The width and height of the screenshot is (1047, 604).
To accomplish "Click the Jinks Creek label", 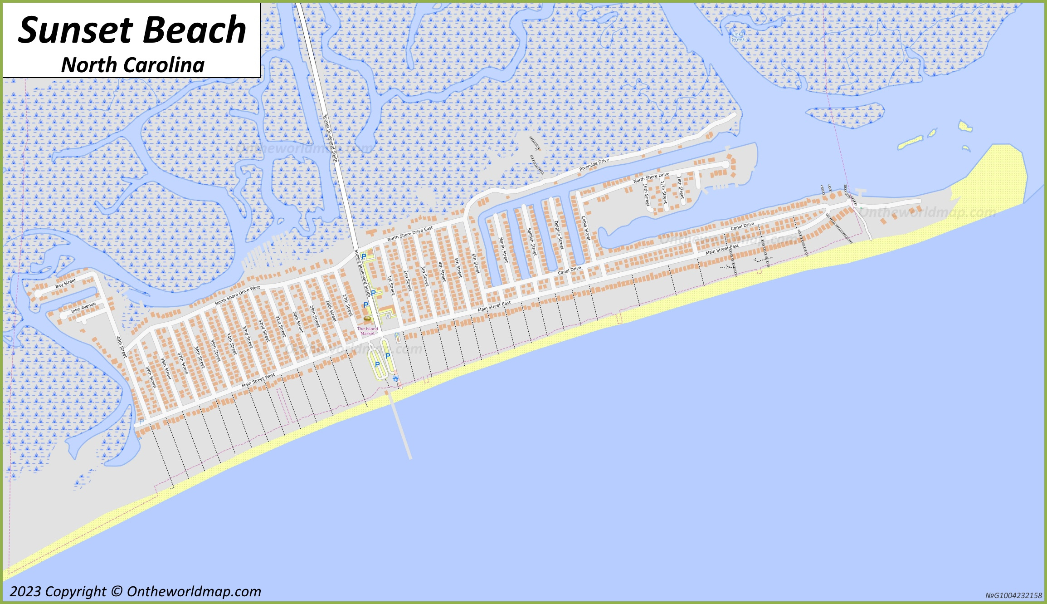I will tap(738, 37).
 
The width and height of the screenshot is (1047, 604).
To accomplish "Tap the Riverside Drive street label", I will tap(594, 165).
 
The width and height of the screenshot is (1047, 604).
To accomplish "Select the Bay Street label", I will tap(66, 284).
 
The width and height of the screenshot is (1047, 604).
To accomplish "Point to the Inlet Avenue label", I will tap(83, 308).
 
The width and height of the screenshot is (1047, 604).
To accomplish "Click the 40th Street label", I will tap(121, 347).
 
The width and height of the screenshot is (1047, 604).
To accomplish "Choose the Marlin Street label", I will tap(503, 250).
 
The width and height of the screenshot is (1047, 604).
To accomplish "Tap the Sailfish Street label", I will tap(531, 242).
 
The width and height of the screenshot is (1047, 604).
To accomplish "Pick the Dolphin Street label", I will tap(559, 235).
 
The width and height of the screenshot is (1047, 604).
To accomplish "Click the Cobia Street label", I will tap(586, 228).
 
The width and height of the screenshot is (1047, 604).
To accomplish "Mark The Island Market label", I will tap(367, 331).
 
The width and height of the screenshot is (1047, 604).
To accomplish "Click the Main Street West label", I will tap(258, 380).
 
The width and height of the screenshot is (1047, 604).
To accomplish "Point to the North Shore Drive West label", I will tap(238, 295).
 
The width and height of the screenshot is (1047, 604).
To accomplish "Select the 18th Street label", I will tap(680, 187).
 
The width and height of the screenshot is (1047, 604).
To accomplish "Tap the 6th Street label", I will tap(475, 263).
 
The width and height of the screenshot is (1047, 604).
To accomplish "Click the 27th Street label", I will tap(347, 305).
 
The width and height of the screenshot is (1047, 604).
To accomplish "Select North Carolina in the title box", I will tap(133, 65).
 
